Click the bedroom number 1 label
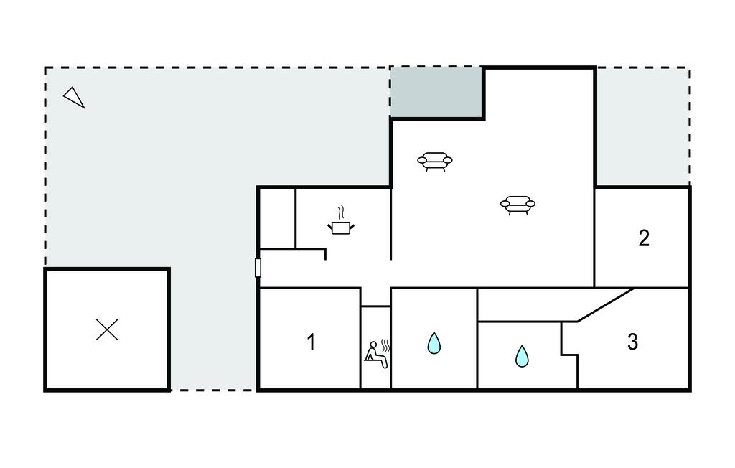point(311,342)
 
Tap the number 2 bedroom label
point(644,238)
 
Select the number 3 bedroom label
point(632,342)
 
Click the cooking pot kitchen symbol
point(341,228)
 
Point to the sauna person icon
point(376,355)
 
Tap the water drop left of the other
point(434,343)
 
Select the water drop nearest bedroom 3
point(522,356)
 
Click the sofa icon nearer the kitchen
point(435,161)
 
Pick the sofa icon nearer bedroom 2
point(518,205)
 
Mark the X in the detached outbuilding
point(107,329)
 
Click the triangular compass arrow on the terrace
point(74,98)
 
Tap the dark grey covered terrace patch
point(436,93)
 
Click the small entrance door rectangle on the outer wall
point(258,268)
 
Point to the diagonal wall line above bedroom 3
point(606,305)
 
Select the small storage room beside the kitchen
point(278,218)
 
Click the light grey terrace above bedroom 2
point(642,126)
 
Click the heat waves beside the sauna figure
point(385,345)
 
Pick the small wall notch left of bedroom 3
point(569,355)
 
